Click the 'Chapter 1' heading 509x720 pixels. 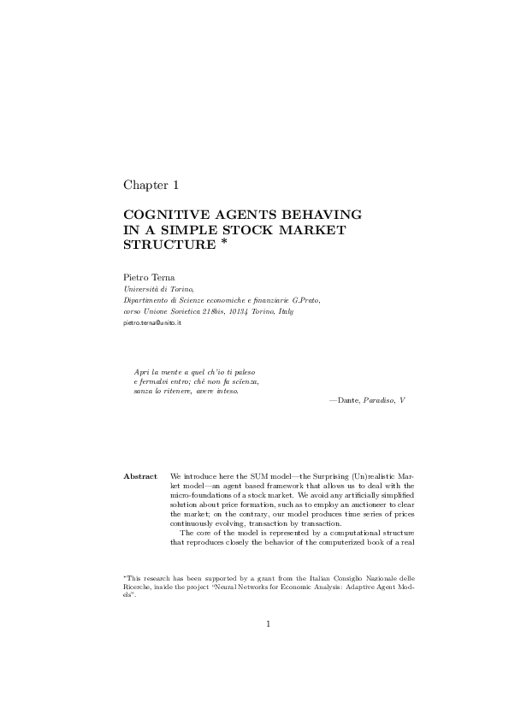pos(151,185)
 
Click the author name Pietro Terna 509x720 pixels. pos(147,277)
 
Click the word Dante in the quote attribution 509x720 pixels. pos(348,399)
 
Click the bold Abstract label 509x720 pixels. pos(140,475)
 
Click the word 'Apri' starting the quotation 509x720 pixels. pos(142,372)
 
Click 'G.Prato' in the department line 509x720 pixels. pos(306,301)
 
